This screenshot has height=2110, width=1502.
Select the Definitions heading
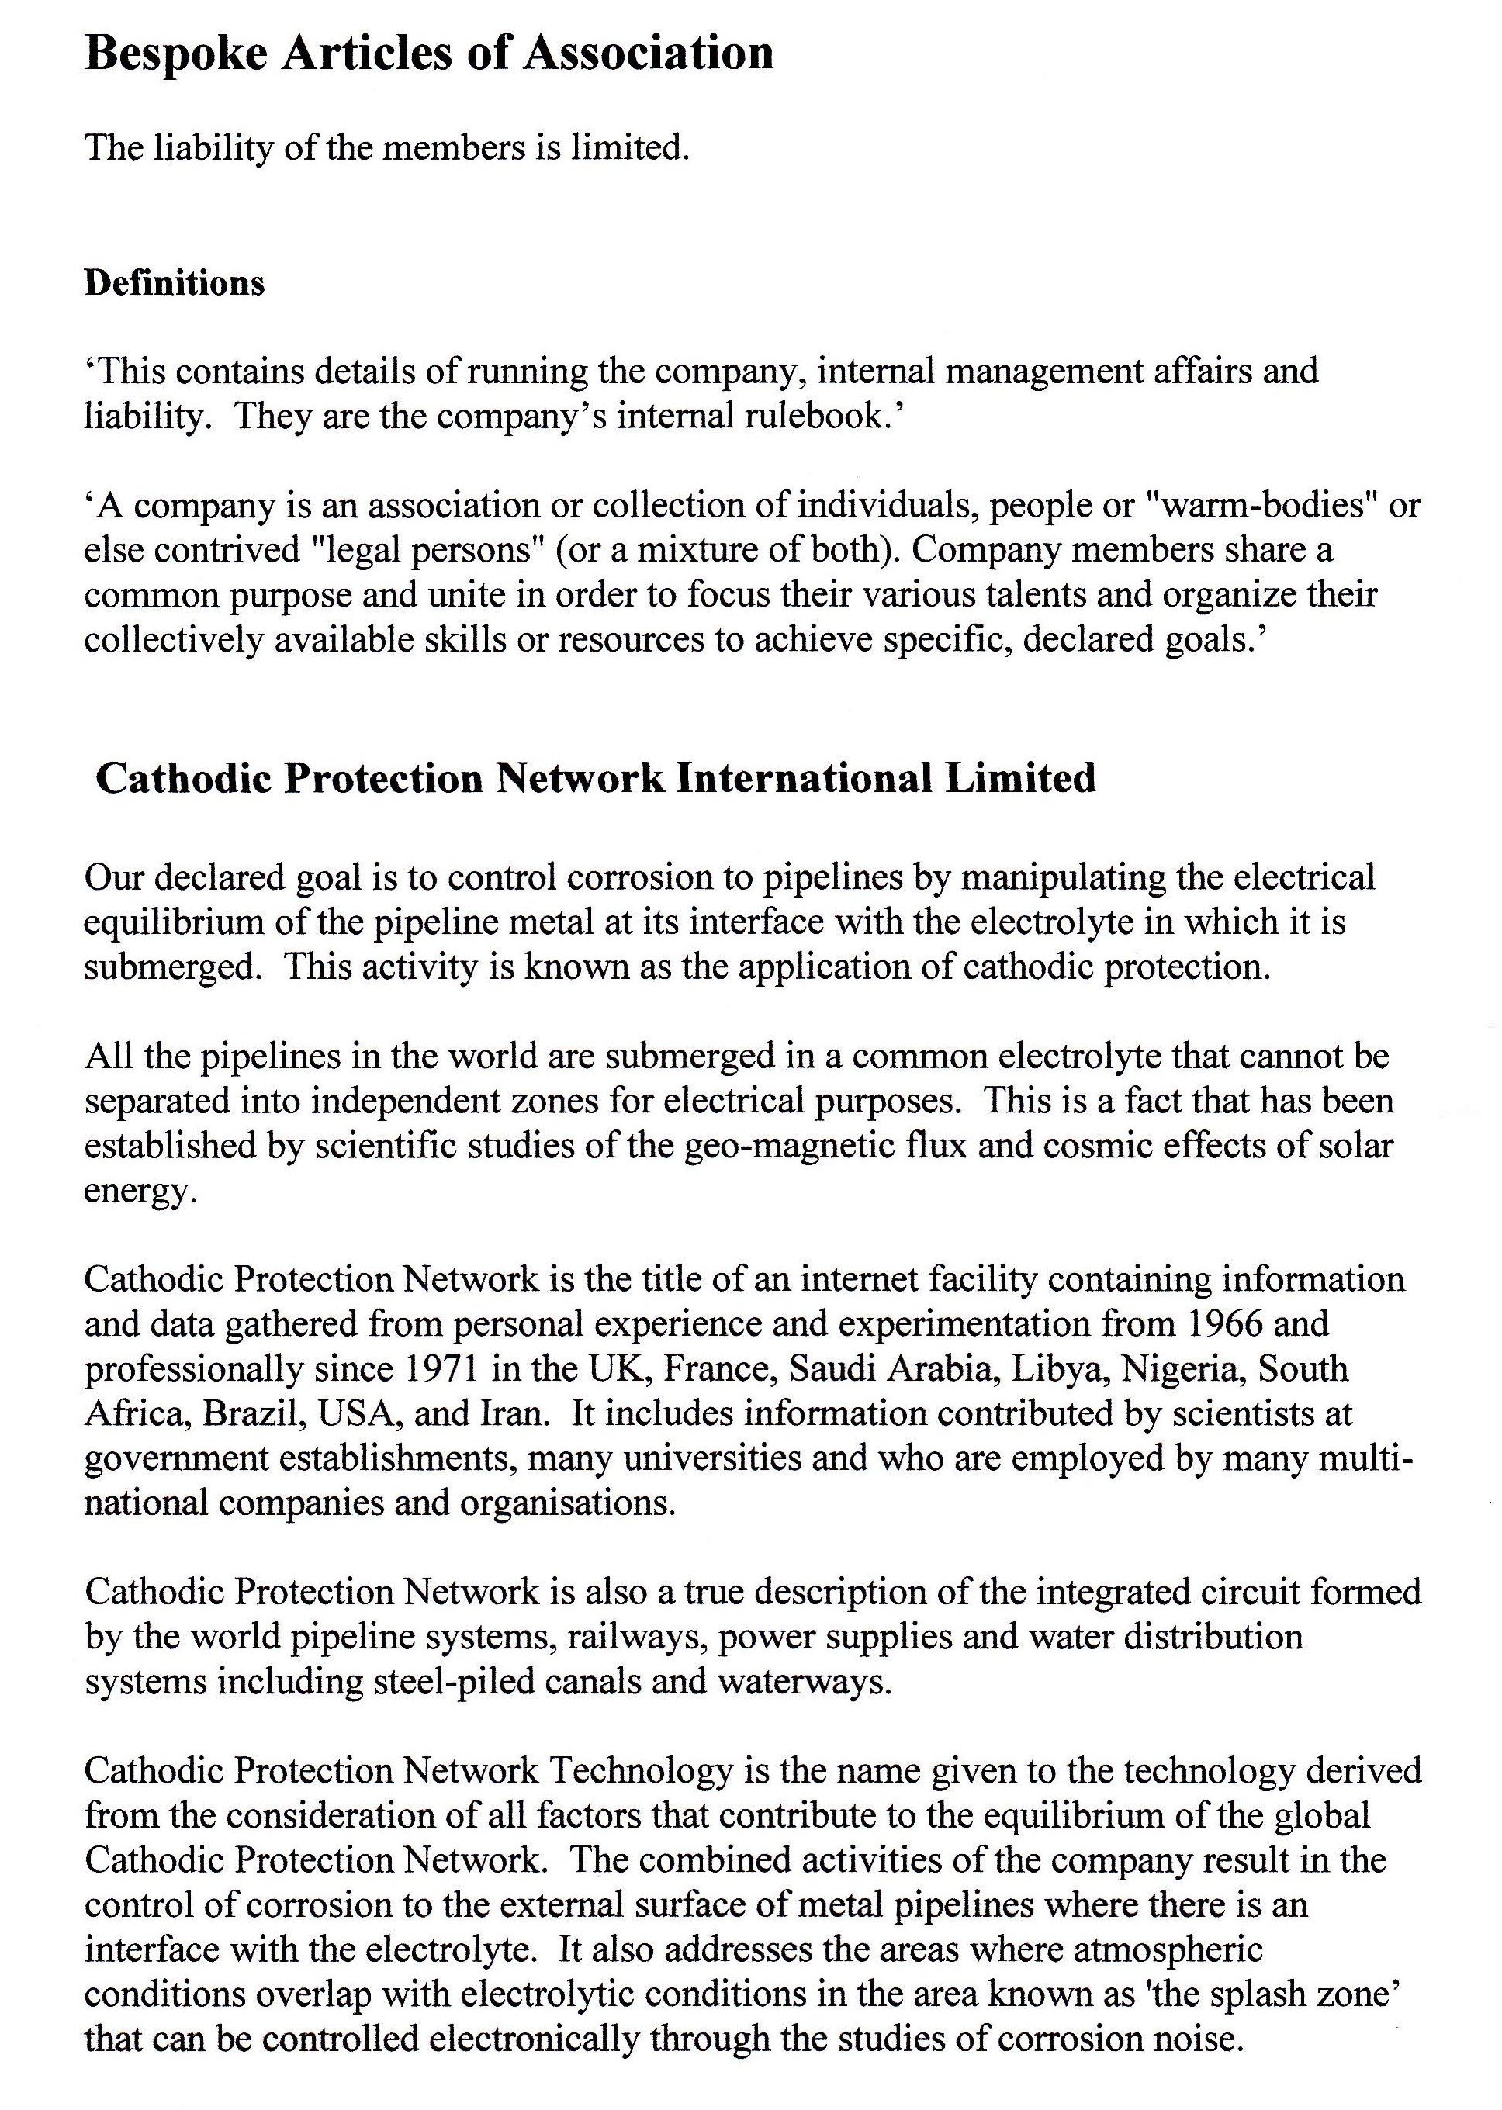pyautogui.click(x=175, y=283)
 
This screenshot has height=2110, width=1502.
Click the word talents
pyautogui.click(x=1024, y=594)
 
